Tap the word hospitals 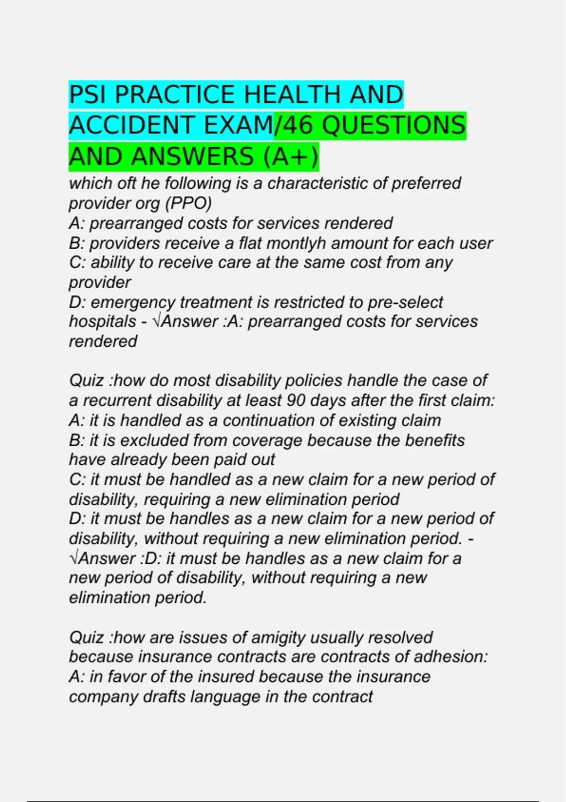pos(102,322)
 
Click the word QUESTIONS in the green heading pos(394,125)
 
